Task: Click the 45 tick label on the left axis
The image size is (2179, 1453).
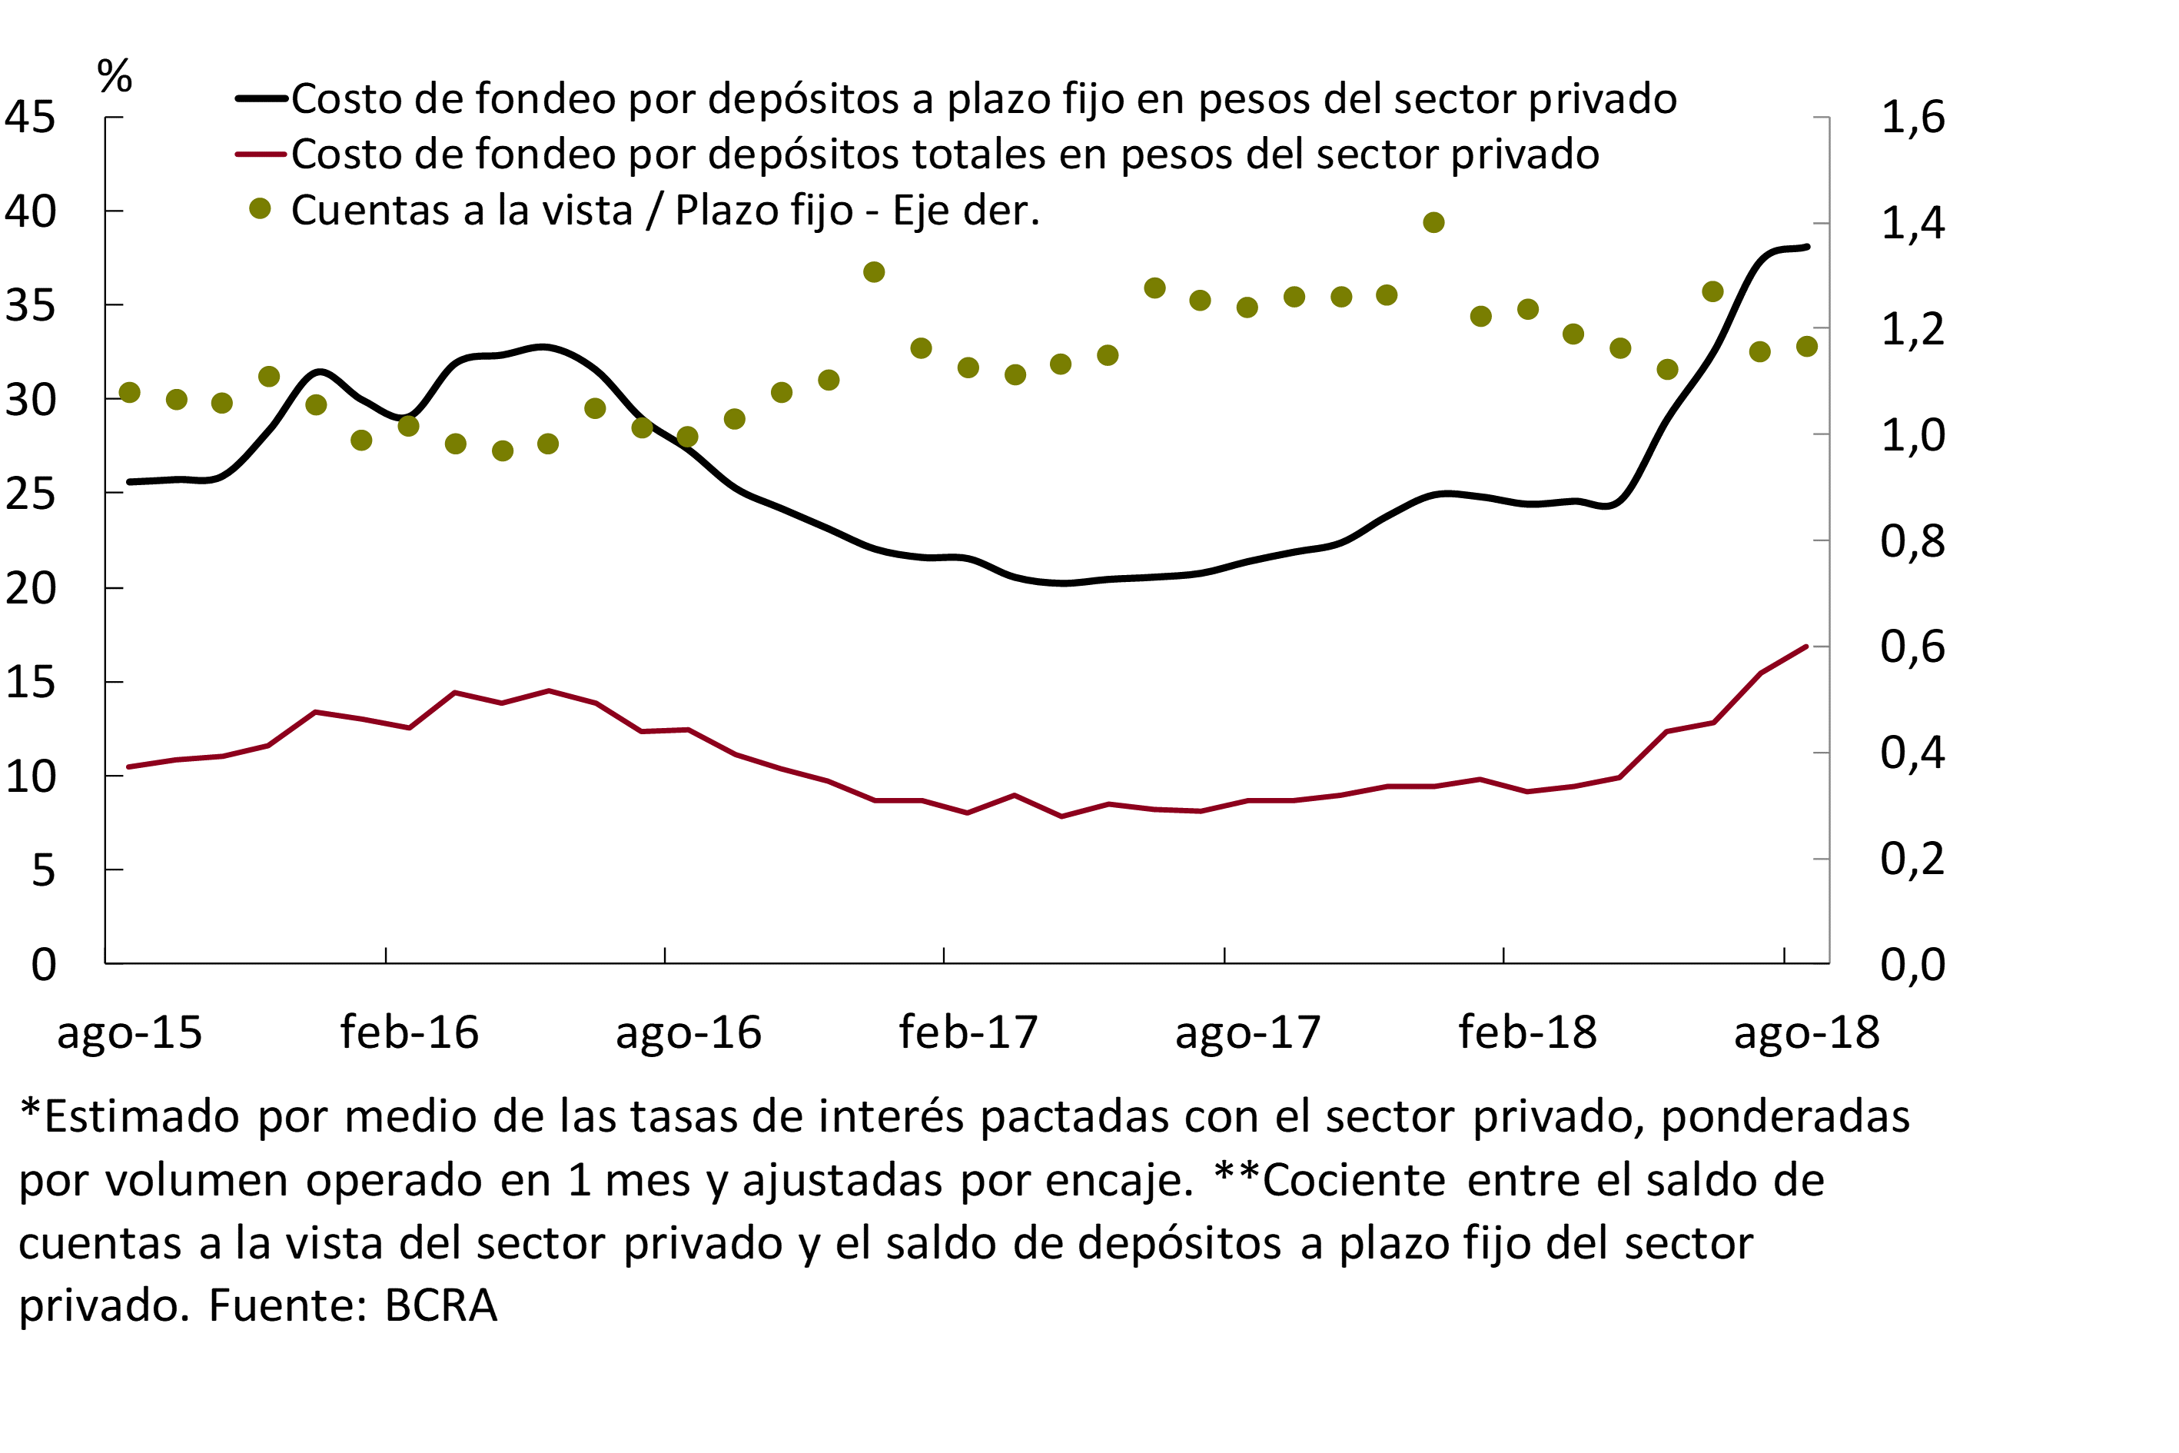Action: click(x=30, y=118)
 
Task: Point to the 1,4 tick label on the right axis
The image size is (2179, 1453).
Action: click(x=1912, y=223)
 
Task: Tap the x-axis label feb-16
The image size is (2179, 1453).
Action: click(x=409, y=1032)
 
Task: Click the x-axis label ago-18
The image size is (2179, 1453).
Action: click(x=1806, y=1032)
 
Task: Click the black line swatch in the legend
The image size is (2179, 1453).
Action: click(x=261, y=98)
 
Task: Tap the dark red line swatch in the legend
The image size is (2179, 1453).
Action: click(x=261, y=154)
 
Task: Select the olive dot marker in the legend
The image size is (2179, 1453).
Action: click(x=261, y=209)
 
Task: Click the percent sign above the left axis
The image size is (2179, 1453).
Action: click(x=114, y=76)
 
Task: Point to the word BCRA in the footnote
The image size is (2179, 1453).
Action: click(x=441, y=1305)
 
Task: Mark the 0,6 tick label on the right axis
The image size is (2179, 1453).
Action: click(x=1912, y=647)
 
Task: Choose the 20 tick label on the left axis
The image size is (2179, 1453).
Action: click(x=30, y=588)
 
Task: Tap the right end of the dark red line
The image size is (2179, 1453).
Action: click(x=1806, y=646)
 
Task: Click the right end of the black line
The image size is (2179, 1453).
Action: click(x=1808, y=247)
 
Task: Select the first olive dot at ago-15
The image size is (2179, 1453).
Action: click(x=130, y=393)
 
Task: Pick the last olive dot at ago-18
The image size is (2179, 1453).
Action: click(x=1806, y=347)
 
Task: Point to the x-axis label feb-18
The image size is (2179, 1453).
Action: click(x=1528, y=1032)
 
